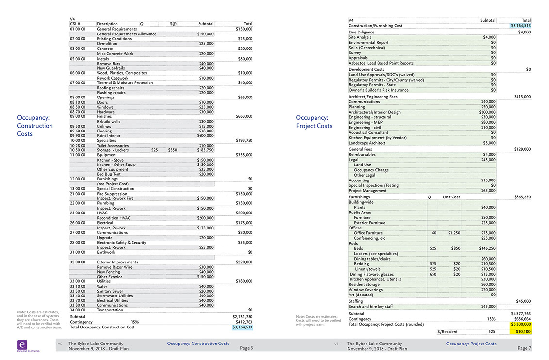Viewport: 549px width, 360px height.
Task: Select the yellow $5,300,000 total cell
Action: pyautogui.click(x=520, y=324)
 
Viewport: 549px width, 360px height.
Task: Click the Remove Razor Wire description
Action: pyautogui.click(x=115, y=267)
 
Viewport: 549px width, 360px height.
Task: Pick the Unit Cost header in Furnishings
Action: pyautogui.click(x=451, y=197)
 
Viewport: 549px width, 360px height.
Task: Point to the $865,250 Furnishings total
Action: pyautogui.click(x=522, y=197)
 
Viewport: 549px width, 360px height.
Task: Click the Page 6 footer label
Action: pyautogui.click(x=246, y=348)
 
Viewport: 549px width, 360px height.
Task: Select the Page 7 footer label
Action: pyautogui.click(x=524, y=348)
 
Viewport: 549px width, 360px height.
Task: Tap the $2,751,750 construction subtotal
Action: pyautogui.click(x=242, y=317)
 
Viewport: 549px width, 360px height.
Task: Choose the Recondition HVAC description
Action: pyautogui.click(x=114, y=218)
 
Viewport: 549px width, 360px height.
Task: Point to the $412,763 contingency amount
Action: pyautogui.click(x=243, y=322)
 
